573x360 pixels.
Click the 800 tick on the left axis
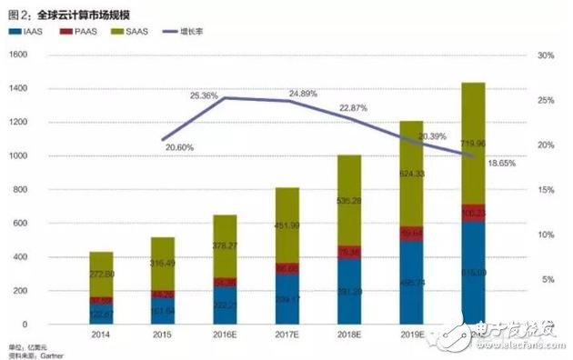coord(20,190)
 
